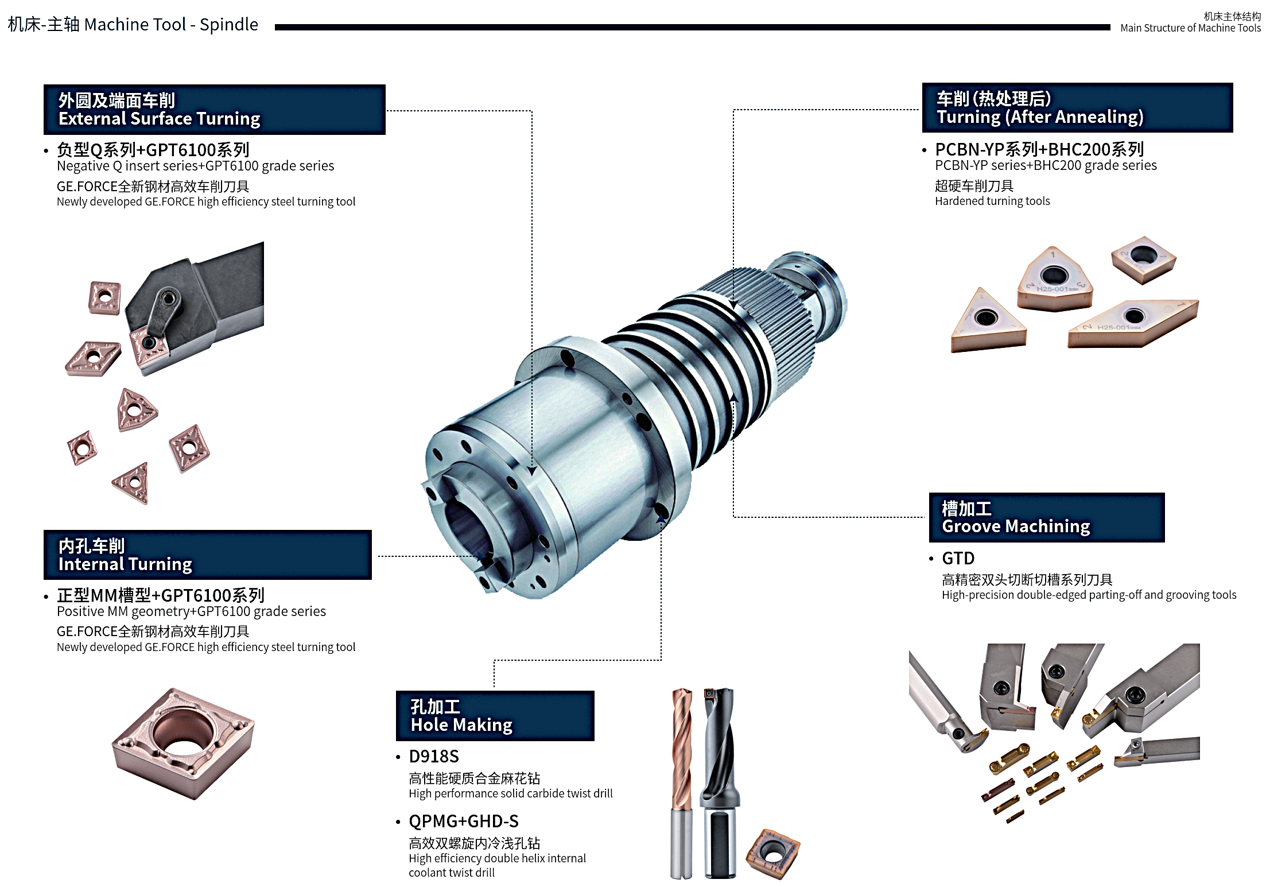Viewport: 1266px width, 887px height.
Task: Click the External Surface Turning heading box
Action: (x=215, y=110)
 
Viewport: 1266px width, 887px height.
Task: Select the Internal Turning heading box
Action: (x=208, y=555)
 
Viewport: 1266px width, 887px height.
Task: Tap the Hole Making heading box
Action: (x=495, y=715)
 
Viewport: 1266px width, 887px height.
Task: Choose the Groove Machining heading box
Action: (x=1047, y=517)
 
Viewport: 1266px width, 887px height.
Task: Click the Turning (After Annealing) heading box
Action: (x=1077, y=108)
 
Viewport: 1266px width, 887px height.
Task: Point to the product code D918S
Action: (x=434, y=756)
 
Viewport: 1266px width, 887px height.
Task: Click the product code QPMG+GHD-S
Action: (x=464, y=821)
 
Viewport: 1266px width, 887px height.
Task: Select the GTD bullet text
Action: (x=958, y=558)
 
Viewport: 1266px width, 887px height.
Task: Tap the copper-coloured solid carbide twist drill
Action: (x=682, y=783)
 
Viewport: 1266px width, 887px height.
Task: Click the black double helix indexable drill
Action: (x=720, y=783)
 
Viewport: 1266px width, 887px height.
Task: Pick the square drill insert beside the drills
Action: (x=773, y=853)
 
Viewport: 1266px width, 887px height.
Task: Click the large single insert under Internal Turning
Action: (x=183, y=743)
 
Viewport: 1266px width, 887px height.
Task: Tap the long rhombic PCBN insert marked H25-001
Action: (x=1133, y=323)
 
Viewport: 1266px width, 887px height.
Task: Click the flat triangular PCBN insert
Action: (x=987, y=321)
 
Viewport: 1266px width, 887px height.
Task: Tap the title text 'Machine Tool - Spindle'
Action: (x=171, y=25)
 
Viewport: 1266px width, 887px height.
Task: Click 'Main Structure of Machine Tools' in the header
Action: (x=1190, y=28)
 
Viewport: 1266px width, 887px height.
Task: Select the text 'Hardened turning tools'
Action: (x=992, y=201)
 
